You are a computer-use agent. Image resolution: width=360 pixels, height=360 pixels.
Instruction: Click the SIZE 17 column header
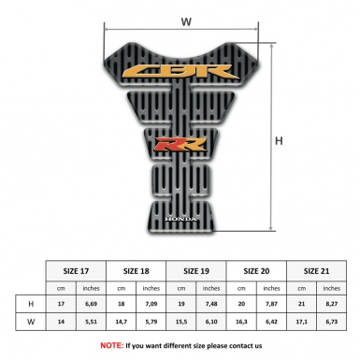pyautogui.click(x=77, y=270)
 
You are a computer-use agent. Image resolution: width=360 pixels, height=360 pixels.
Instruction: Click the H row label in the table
pyautogui.click(x=31, y=305)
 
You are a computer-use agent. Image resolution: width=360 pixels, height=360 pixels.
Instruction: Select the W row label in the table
pyautogui.click(x=31, y=323)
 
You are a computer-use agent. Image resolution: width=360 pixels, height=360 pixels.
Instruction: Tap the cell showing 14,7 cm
pyautogui.click(x=122, y=323)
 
